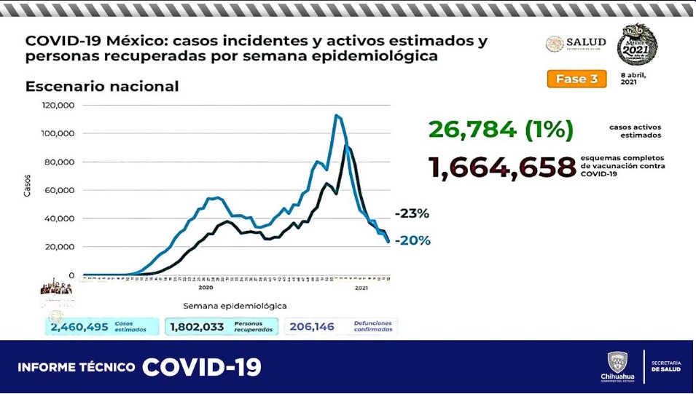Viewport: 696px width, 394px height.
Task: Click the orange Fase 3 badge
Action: click(576, 79)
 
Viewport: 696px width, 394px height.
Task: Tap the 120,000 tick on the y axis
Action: click(58, 105)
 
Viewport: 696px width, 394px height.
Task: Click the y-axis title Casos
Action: click(28, 185)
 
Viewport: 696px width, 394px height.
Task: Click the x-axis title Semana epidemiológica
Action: click(235, 306)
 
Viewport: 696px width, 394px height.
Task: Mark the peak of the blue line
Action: click(336, 115)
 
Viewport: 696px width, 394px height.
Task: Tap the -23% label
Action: click(412, 214)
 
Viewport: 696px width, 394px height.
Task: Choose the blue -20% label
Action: click(413, 240)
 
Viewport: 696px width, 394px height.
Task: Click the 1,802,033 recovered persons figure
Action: click(197, 327)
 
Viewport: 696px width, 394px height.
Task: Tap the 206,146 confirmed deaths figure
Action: click(312, 327)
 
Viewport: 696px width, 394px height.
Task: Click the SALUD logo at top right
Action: click(576, 44)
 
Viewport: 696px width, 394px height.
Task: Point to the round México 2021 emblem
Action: click(637, 45)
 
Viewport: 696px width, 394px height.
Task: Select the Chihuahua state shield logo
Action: click(617, 363)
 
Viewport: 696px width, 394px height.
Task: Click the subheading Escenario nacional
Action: click(102, 86)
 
